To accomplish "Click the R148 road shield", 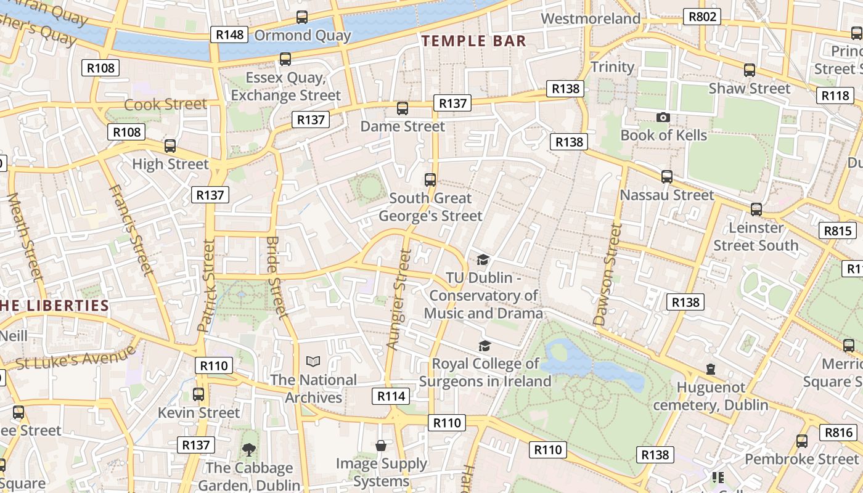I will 229,35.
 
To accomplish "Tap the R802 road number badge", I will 702,17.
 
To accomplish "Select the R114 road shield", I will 391,396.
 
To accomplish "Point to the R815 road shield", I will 838,231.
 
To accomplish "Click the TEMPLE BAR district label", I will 473,41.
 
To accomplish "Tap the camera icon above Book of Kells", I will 663,117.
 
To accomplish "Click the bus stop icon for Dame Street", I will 403,108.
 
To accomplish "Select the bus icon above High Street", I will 170,146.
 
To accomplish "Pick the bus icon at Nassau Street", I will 667,177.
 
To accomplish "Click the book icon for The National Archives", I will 313,362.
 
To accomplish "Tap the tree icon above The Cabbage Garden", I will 249,450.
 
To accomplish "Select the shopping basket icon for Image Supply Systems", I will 381,446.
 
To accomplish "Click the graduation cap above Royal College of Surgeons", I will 485,346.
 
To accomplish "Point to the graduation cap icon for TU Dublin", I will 483,260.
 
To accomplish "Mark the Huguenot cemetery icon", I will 711,369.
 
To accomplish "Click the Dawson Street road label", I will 607,274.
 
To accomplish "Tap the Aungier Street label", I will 398,299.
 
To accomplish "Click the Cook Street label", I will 165,104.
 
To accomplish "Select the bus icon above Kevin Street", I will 198,394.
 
